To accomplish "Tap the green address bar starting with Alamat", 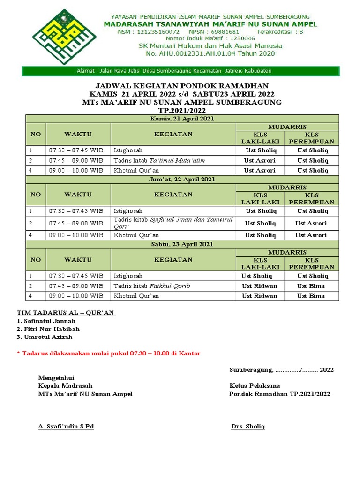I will click(181, 71).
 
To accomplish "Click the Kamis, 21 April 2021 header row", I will click(182, 119).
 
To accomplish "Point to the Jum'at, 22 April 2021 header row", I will click(182, 179).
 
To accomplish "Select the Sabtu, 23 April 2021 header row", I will click(182, 244).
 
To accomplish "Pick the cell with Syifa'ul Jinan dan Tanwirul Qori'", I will click(173, 223).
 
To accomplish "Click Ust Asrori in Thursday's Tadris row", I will click(259, 160).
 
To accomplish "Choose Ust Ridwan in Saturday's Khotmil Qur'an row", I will click(259, 296).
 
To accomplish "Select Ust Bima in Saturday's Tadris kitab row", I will click(311, 286).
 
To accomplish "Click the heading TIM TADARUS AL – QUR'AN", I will click(66, 313).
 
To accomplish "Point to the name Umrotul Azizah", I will click(47, 337).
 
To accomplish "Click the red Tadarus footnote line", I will click(108, 353).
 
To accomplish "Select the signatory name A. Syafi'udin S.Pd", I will click(66, 427).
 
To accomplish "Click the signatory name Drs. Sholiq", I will click(248, 427).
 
